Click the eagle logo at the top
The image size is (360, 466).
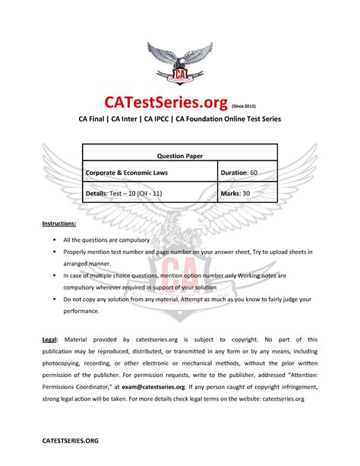tap(180, 64)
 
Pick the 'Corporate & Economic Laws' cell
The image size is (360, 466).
tap(127, 173)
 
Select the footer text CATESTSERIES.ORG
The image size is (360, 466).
tap(70, 440)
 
